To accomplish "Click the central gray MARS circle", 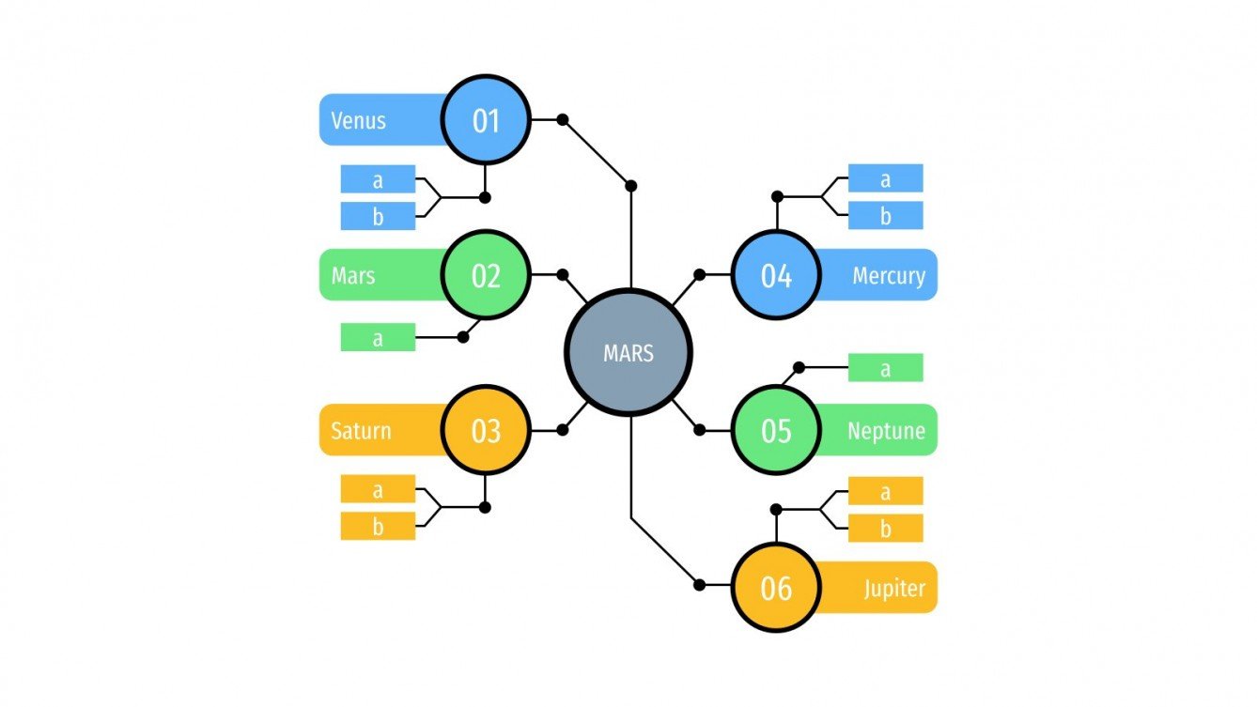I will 628,353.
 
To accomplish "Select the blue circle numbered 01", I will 486,120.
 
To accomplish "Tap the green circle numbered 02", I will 486,275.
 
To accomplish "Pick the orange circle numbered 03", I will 486,431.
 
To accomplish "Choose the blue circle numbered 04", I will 776,275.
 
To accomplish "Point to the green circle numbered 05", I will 776,431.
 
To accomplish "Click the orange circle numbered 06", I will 776,588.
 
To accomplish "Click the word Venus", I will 358,120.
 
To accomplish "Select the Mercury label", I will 888,276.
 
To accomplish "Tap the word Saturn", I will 361,432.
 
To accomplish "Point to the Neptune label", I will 886,432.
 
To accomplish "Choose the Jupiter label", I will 894,589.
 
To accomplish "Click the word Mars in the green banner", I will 353,276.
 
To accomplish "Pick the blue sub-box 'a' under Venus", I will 378,179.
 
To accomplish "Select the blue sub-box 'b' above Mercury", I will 885,216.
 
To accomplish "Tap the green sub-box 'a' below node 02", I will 378,337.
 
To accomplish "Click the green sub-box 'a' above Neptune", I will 885,368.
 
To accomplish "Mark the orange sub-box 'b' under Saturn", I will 378,526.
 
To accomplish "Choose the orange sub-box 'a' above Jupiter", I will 885,491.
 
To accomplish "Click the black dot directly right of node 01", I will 563,119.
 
